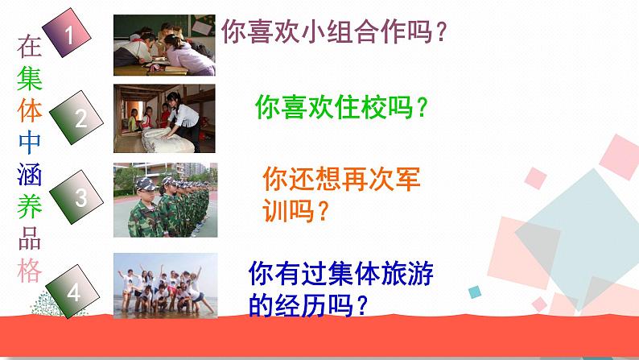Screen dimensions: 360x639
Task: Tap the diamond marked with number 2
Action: click(x=80, y=118)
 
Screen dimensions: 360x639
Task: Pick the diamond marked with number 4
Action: click(x=74, y=292)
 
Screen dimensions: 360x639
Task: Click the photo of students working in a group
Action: click(x=164, y=44)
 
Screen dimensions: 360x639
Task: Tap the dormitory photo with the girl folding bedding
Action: click(x=164, y=118)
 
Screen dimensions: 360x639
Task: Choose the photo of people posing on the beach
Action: click(x=164, y=283)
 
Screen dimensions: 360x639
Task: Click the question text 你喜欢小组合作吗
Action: click(x=334, y=34)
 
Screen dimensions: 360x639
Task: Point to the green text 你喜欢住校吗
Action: click(x=340, y=107)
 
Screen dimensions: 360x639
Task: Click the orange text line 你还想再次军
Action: click(x=342, y=179)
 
